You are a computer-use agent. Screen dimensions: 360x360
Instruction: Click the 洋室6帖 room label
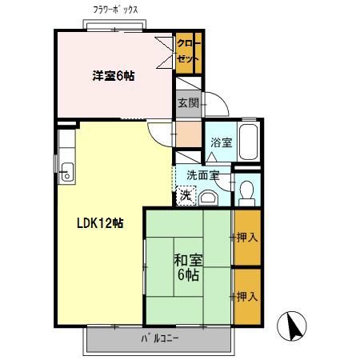(113, 76)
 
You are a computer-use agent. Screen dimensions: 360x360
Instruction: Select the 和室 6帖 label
(187, 267)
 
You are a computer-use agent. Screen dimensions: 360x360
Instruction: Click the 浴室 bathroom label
(221, 142)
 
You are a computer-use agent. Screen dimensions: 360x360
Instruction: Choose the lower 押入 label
(246, 296)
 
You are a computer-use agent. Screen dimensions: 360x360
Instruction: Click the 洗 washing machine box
(185, 194)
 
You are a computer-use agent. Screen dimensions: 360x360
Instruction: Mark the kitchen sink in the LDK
(65, 170)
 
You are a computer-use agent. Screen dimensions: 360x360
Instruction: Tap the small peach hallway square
(189, 134)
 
